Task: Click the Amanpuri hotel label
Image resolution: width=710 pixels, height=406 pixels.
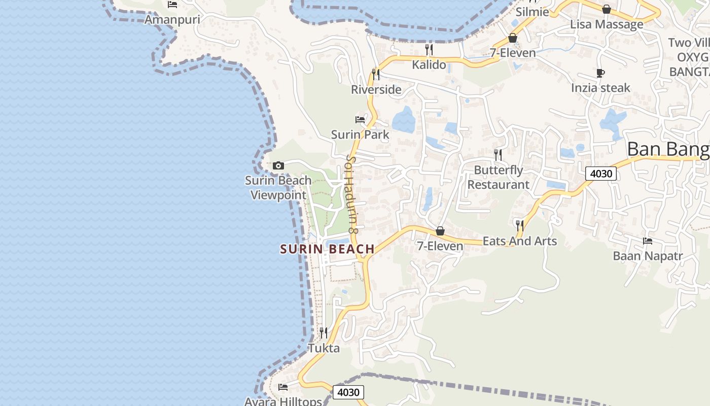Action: tap(172, 20)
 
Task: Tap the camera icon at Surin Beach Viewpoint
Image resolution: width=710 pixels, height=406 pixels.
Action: tap(278, 165)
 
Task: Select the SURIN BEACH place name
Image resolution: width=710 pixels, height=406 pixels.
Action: tap(328, 249)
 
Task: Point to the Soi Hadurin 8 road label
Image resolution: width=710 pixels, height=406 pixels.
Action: tap(352, 195)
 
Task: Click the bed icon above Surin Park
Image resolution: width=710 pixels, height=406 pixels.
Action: tap(360, 120)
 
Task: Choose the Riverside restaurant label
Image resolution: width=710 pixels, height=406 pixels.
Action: tap(376, 90)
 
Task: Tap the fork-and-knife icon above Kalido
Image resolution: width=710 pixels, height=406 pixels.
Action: tap(429, 49)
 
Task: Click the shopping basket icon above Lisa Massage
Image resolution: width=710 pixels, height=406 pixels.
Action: tap(607, 9)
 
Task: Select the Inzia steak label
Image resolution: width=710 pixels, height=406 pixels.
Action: tap(600, 88)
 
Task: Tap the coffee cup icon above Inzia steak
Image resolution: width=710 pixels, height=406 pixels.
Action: tap(600, 73)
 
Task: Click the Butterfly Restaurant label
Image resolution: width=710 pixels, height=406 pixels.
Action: tap(499, 177)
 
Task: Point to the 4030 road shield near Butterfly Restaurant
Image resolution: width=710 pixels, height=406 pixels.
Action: tap(601, 174)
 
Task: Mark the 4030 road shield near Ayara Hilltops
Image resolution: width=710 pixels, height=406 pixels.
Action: tap(348, 392)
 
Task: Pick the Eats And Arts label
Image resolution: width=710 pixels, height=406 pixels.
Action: tap(520, 241)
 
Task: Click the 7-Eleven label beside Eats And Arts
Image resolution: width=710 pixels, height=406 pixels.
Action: tap(440, 247)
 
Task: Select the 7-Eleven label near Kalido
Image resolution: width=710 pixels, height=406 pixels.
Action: tap(513, 53)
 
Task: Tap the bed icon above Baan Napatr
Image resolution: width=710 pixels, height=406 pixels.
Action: tap(648, 241)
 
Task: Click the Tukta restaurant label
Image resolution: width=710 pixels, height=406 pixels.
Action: tap(324, 349)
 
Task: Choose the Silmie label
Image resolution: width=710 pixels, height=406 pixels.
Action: tap(532, 12)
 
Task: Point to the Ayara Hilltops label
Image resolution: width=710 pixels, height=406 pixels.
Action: tap(283, 401)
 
